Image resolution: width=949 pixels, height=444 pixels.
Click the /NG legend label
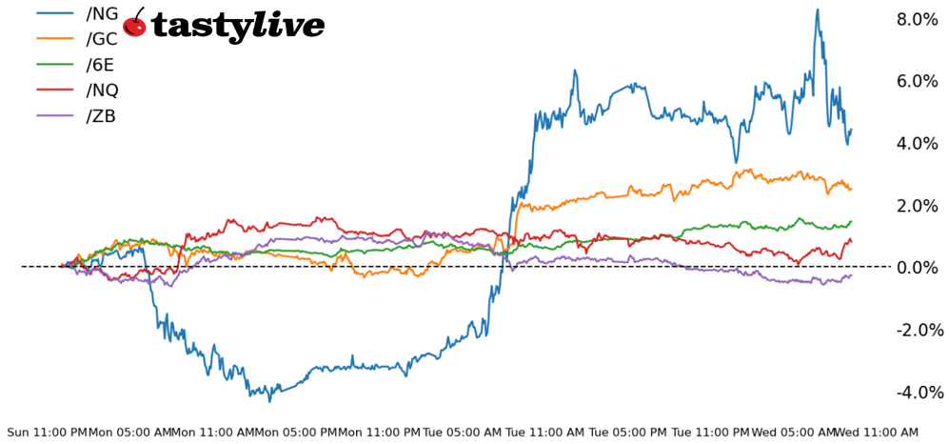click(x=102, y=14)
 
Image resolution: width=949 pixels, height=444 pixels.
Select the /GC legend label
click(x=102, y=40)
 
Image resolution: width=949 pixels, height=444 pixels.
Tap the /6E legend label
click(x=101, y=66)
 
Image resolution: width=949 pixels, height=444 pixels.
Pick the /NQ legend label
click(x=102, y=91)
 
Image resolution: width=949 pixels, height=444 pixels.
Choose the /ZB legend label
click(x=101, y=117)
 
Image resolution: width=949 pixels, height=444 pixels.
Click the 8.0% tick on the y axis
click(x=918, y=19)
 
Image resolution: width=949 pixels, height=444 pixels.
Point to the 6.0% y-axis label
click(x=918, y=81)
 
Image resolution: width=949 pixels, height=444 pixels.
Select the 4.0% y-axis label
click(x=918, y=143)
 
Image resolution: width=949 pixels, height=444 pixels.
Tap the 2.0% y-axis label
click(x=918, y=206)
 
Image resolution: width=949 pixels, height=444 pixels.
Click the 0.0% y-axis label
click(x=918, y=268)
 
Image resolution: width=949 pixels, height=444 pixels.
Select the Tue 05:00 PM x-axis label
click(x=628, y=433)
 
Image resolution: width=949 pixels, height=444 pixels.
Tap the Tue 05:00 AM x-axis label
click(x=463, y=433)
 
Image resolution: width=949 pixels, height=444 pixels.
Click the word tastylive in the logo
click(x=238, y=26)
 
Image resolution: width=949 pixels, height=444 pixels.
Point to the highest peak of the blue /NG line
click(x=817, y=10)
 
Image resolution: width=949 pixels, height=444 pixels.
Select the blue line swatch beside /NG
click(x=55, y=14)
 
